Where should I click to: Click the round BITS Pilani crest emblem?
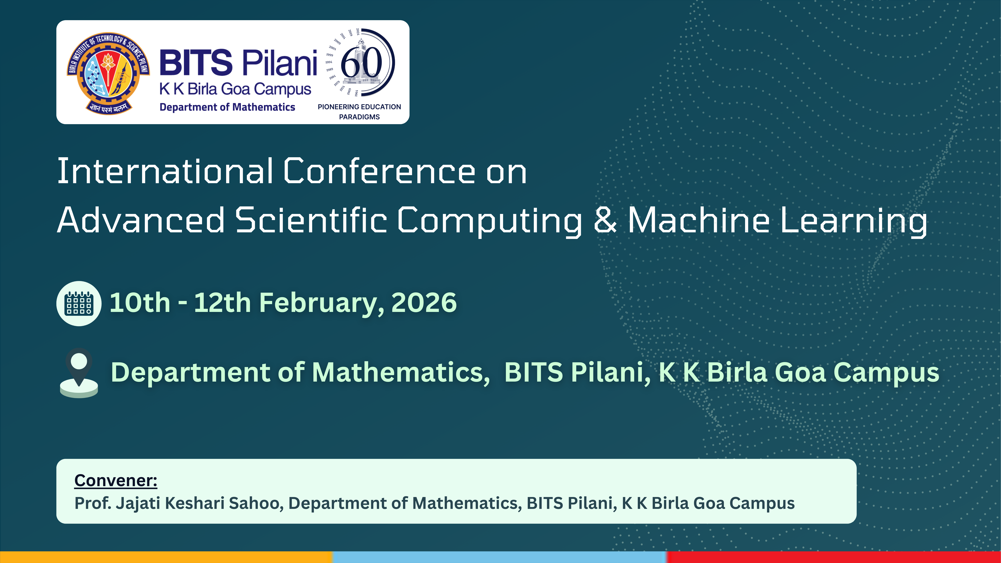click(108, 73)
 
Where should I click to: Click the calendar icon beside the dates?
click(79, 303)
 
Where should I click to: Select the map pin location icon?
click(79, 373)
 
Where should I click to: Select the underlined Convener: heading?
click(116, 481)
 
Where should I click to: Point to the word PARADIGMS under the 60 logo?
click(359, 117)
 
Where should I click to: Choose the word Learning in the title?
click(853, 221)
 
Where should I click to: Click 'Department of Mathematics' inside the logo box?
click(227, 107)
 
